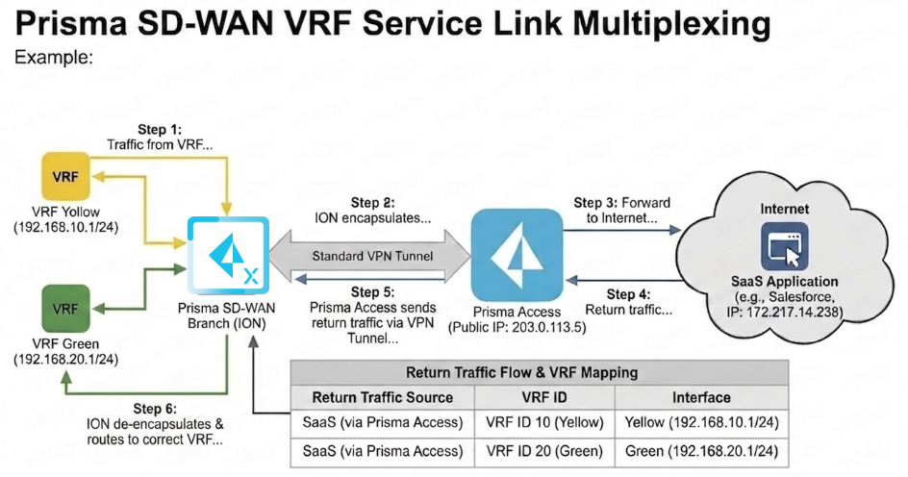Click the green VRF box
(64, 310)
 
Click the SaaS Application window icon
(785, 247)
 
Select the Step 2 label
(372, 203)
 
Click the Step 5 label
(374, 291)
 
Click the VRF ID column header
(544, 397)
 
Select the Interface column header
(702, 397)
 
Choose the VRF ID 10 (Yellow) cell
(544, 423)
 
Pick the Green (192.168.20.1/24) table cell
(701, 450)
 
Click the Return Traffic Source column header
(382, 397)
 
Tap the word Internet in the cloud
(785, 208)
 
